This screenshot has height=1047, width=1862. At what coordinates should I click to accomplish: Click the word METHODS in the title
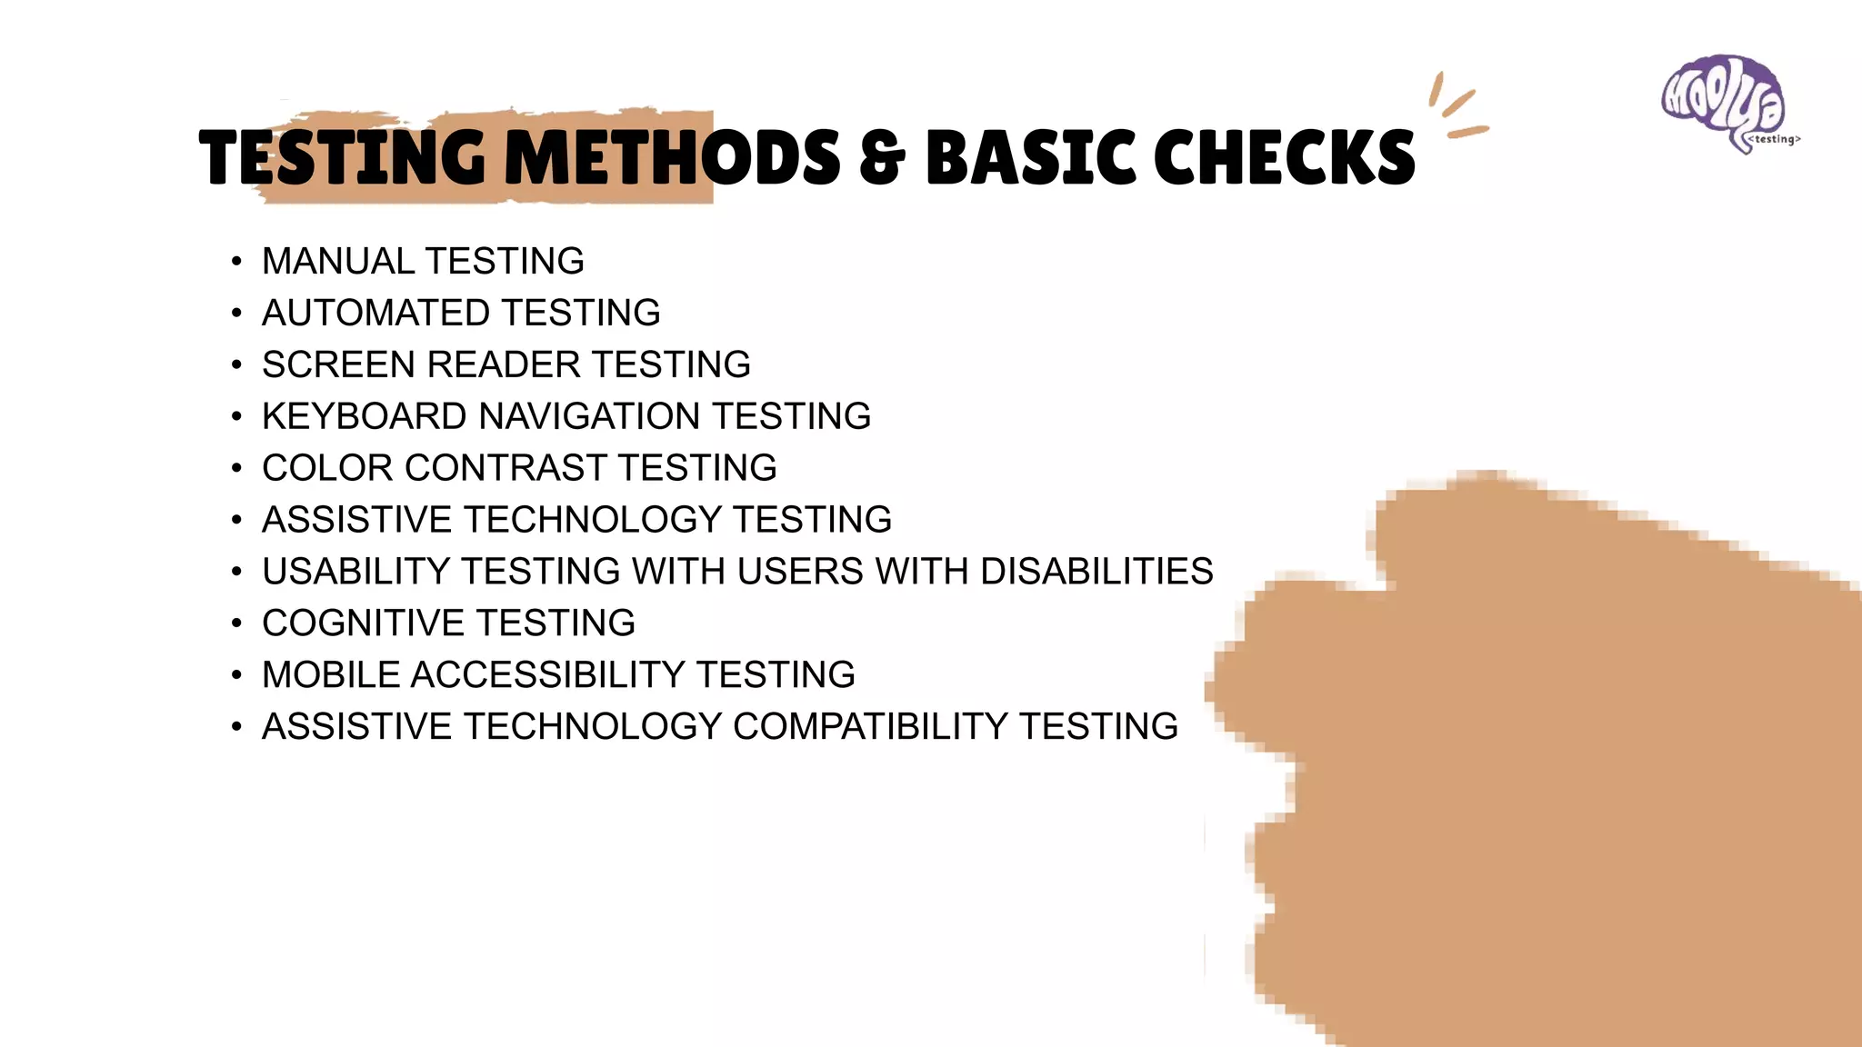(x=672, y=157)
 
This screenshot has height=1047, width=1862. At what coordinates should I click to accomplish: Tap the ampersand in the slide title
(x=882, y=157)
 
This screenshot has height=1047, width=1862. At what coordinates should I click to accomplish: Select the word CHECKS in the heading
(x=1284, y=157)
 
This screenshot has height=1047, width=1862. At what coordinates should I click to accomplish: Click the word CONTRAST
(x=506, y=469)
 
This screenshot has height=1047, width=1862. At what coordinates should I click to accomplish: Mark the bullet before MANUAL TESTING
(x=236, y=263)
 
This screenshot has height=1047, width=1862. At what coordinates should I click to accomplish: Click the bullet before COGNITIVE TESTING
(x=236, y=624)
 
